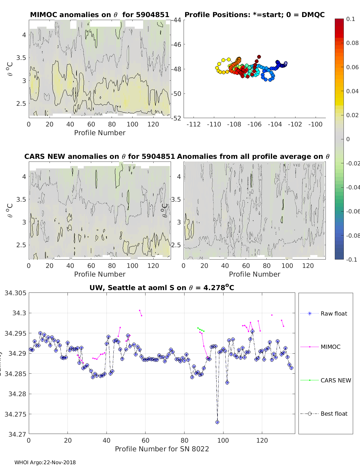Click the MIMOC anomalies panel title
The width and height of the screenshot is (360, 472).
[100, 15]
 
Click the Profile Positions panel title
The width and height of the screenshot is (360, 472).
[254, 15]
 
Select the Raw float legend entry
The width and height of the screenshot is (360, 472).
[334, 313]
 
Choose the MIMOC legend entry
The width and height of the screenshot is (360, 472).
[330, 347]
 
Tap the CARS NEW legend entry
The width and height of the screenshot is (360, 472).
[335, 380]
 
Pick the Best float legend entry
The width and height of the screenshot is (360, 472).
[334, 414]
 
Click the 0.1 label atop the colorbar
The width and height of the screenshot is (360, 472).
[350, 19]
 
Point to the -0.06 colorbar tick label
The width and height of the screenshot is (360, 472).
[352, 211]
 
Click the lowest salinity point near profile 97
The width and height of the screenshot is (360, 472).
[217, 422]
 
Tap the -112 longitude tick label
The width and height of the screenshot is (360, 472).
[193, 124]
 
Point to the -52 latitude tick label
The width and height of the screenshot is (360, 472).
[176, 118]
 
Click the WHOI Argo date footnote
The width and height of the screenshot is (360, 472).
[45, 462]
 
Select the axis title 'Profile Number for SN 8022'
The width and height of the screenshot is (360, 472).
[162, 449]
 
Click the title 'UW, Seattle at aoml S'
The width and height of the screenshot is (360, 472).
[162, 288]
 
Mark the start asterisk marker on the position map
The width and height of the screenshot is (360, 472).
[286, 63]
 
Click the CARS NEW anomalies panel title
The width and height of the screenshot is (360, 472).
[99, 156]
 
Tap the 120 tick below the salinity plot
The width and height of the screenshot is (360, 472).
[262, 440]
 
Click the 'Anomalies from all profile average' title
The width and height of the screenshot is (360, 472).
[253, 156]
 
